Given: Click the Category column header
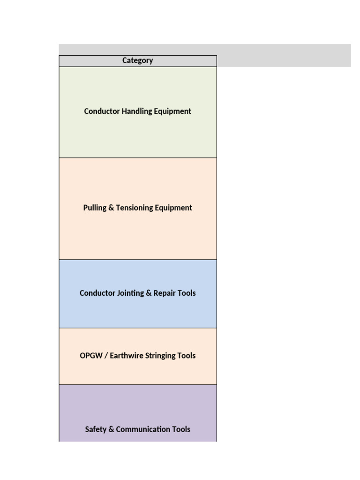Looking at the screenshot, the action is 137,60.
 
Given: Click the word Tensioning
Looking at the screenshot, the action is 133,208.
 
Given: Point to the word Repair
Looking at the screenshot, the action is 165,293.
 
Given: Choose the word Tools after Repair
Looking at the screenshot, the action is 187,293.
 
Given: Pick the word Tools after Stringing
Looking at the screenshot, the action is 187,355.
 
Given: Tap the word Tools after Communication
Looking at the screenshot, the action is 181,429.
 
